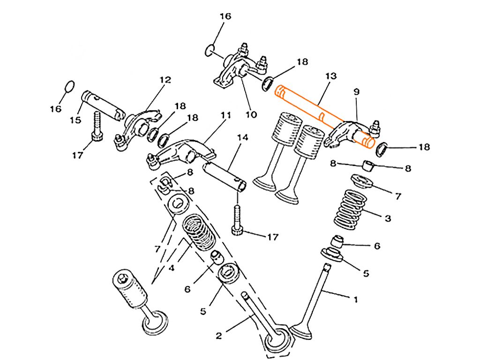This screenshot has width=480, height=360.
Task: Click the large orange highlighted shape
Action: point(300,98)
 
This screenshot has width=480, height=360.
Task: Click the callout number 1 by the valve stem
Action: point(355,299)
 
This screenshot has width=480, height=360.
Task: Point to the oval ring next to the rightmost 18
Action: point(382,149)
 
